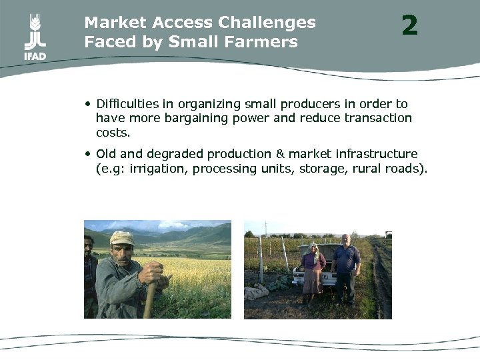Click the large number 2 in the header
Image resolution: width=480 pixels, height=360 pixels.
(409, 26)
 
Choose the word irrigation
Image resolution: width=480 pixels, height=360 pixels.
(157, 169)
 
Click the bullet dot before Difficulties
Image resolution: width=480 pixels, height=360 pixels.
(88, 105)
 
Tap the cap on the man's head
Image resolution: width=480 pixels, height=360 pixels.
(122, 237)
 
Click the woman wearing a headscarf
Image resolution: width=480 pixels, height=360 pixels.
(312, 273)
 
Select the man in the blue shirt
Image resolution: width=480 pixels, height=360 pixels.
(346, 267)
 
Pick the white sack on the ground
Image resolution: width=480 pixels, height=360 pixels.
(257, 291)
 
